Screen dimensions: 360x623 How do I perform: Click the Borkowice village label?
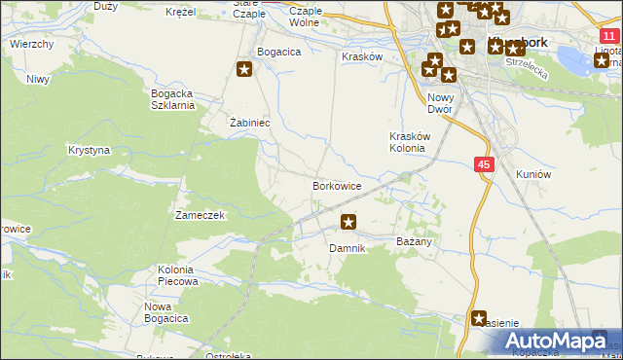click(337, 185)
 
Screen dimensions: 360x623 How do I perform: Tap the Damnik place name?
click(347, 248)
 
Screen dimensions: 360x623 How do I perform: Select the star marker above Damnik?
click(348, 223)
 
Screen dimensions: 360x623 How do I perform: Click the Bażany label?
click(415, 239)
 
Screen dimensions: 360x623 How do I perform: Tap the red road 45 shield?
click(484, 165)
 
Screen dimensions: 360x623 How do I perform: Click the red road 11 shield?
click(608, 35)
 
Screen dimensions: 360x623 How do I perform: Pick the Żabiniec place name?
click(248, 124)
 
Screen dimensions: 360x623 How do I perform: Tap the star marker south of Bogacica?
click(244, 69)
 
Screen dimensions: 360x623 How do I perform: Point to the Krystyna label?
click(89, 151)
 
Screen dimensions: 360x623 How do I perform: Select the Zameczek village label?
click(200, 214)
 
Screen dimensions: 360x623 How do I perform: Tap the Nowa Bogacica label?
click(165, 312)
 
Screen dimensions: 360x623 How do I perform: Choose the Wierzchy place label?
click(31, 45)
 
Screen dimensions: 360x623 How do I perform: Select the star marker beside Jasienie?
click(479, 317)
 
